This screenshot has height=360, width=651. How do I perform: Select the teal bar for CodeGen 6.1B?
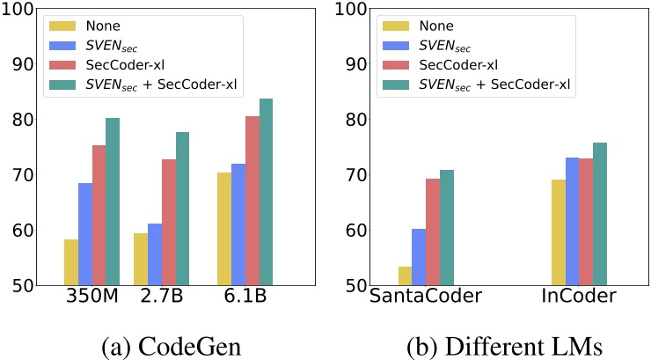(x=267, y=192)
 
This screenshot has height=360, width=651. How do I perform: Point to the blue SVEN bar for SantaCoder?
(x=419, y=257)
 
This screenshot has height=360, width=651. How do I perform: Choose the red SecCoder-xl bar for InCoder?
(x=586, y=222)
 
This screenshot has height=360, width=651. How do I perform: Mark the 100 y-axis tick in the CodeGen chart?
(x=19, y=11)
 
